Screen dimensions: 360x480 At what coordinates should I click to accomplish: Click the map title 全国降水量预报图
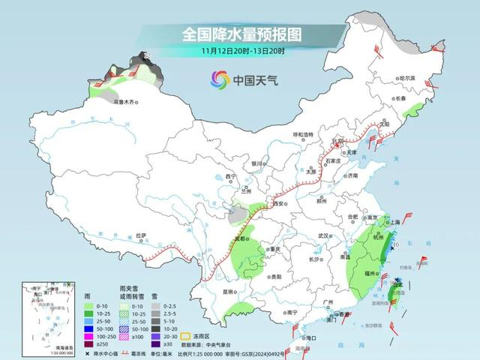tap(241, 34)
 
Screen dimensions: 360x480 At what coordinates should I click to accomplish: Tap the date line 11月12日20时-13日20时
tap(241, 51)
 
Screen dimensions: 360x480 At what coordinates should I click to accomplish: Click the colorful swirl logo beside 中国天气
tap(218, 79)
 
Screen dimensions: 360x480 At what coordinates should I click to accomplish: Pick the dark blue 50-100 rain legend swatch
tap(89, 328)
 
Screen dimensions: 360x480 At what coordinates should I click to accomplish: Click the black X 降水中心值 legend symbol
tap(88, 352)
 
